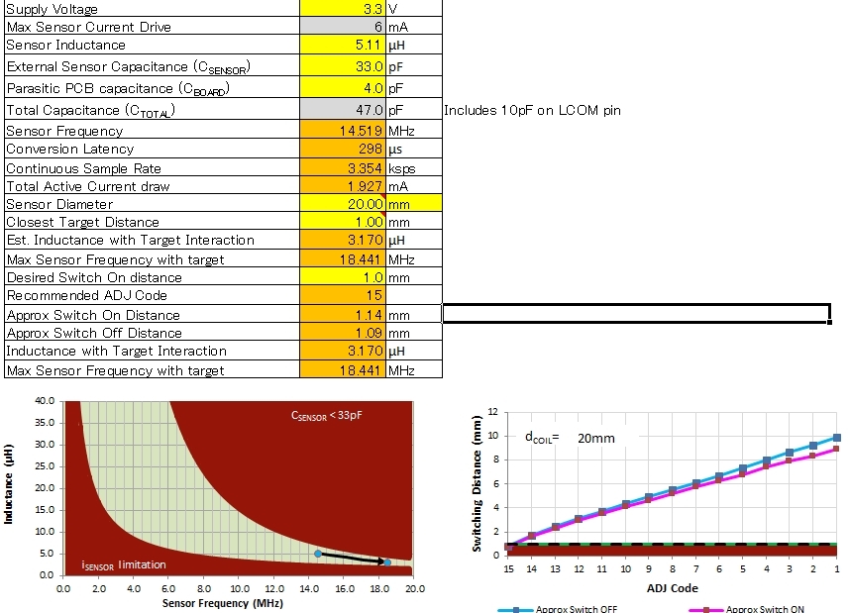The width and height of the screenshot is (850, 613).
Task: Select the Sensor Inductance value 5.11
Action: coord(369,45)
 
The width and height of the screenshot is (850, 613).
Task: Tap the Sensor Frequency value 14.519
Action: coord(361,131)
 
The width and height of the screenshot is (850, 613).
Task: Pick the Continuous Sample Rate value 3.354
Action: coord(365,167)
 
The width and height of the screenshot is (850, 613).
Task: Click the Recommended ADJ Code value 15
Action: coord(373,295)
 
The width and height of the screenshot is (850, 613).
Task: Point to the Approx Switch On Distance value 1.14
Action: coord(369,314)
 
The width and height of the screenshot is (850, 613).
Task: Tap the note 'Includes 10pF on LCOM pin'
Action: coord(533,110)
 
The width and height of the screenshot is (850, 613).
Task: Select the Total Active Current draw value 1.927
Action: coord(365,186)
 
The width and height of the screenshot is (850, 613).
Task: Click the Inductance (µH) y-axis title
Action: coord(10,486)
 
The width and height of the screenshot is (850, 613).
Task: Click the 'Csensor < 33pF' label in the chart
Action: coord(327,415)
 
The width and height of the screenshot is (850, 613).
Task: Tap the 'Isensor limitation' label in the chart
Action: coord(124,564)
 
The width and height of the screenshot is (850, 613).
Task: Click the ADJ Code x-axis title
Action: coord(673,588)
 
